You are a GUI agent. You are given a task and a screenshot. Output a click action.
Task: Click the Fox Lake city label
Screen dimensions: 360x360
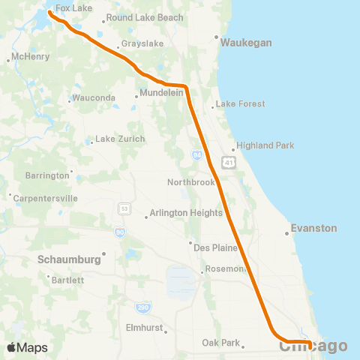pyautogui.click(x=73, y=8)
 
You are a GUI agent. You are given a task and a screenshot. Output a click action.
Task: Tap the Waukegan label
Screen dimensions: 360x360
pyautogui.click(x=246, y=43)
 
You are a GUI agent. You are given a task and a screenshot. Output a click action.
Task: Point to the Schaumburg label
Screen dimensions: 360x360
pyautogui.click(x=69, y=259)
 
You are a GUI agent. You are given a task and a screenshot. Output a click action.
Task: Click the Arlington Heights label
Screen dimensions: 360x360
pyautogui.click(x=187, y=213)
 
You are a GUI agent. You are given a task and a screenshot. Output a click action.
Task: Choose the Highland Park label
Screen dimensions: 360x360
pyautogui.click(x=265, y=145)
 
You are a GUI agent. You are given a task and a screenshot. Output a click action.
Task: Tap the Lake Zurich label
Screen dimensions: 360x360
pyautogui.click(x=115, y=140)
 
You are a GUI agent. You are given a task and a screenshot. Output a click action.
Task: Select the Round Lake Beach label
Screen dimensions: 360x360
pyautogui.click(x=144, y=17)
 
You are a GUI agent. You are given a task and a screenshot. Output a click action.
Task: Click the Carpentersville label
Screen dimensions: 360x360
pyautogui.click(x=46, y=199)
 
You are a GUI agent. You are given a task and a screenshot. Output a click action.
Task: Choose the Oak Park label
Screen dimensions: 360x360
pyautogui.click(x=220, y=343)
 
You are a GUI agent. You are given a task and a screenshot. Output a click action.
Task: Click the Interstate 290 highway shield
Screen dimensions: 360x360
pyautogui.click(x=142, y=307)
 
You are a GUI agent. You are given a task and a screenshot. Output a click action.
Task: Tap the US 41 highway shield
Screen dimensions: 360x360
pyautogui.click(x=227, y=161)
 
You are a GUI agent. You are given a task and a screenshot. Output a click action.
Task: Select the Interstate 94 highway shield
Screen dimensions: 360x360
pyautogui.click(x=196, y=155)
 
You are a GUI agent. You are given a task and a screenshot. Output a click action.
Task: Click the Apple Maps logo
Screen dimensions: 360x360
pyautogui.click(x=27, y=347)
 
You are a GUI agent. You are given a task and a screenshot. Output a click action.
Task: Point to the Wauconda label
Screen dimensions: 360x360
pyautogui.click(x=94, y=98)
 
